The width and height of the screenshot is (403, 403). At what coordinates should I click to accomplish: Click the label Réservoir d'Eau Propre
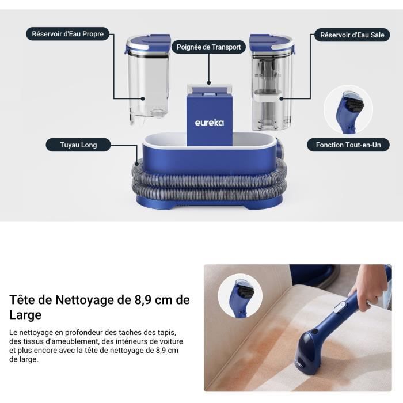(69, 34)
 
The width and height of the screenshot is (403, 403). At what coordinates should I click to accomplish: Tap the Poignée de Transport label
(210, 47)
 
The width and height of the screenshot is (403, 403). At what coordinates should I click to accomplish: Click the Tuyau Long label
(78, 145)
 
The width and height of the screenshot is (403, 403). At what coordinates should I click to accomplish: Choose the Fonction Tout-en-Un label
(348, 145)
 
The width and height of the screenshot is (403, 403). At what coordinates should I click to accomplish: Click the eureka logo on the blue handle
(209, 123)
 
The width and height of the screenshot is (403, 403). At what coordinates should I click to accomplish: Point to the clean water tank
(148, 86)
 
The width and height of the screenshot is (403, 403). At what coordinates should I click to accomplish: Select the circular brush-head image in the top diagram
(348, 109)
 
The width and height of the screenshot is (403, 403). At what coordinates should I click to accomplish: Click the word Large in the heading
(25, 315)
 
